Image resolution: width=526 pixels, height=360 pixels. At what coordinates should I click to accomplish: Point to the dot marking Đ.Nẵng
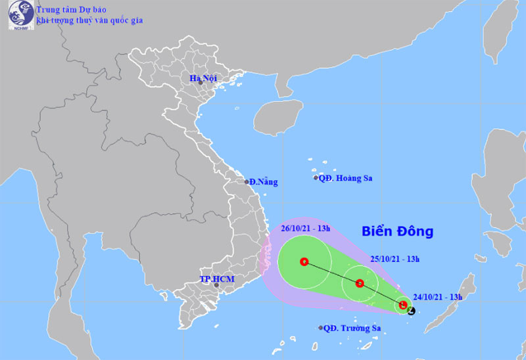pyautogui.click(x=247, y=182)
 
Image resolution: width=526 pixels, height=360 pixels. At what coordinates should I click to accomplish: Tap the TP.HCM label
pyautogui.click(x=218, y=279)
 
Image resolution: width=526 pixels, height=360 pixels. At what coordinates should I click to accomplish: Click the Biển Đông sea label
pyautogui.click(x=398, y=231)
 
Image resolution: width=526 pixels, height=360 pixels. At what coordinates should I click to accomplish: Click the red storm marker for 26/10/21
pyautogui.click(x=304, y=261)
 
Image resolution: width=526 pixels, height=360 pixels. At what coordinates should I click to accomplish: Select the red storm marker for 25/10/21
pyautogui.click(x=360, y=284)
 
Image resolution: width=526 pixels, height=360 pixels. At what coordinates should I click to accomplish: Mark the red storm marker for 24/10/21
pyautogui.click(x=403, y=305)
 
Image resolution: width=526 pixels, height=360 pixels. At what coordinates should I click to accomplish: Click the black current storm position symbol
pyautogui.click(x=412, y=310)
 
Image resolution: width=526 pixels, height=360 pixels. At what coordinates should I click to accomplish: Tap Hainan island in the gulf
pyautogui.click(x=278, y=118)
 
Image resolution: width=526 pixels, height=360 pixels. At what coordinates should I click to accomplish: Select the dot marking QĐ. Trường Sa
pyautogui.click(x=320, y=328)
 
